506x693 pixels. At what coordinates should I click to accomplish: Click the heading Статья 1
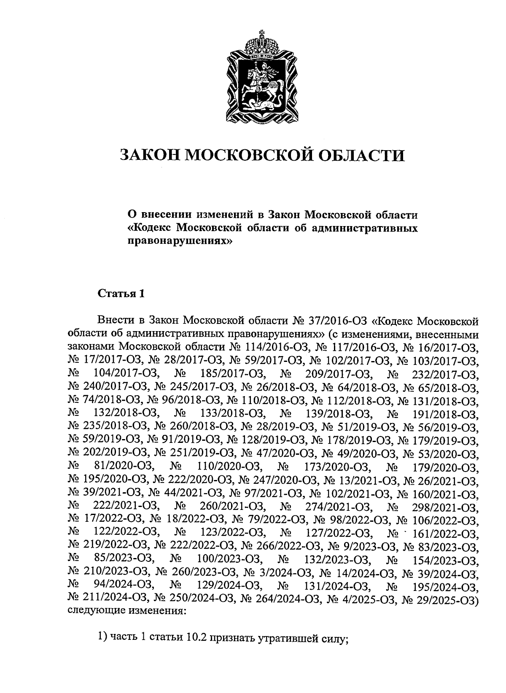point(121,293)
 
